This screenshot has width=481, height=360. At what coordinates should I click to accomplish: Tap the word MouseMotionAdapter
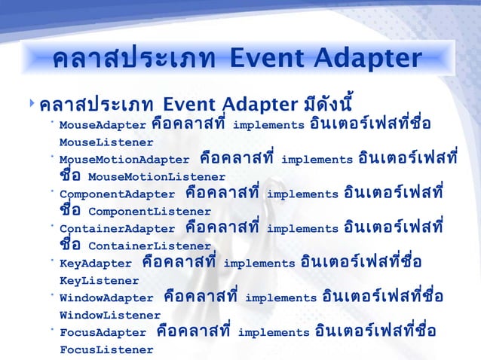pos(124,160)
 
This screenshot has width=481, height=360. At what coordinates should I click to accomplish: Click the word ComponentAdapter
pos(117,194)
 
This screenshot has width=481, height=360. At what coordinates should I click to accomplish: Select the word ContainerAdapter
pos(117,229)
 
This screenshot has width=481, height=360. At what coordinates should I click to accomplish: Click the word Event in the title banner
pos(271,57)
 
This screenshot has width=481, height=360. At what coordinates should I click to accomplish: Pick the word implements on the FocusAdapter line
pos(273,333)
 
